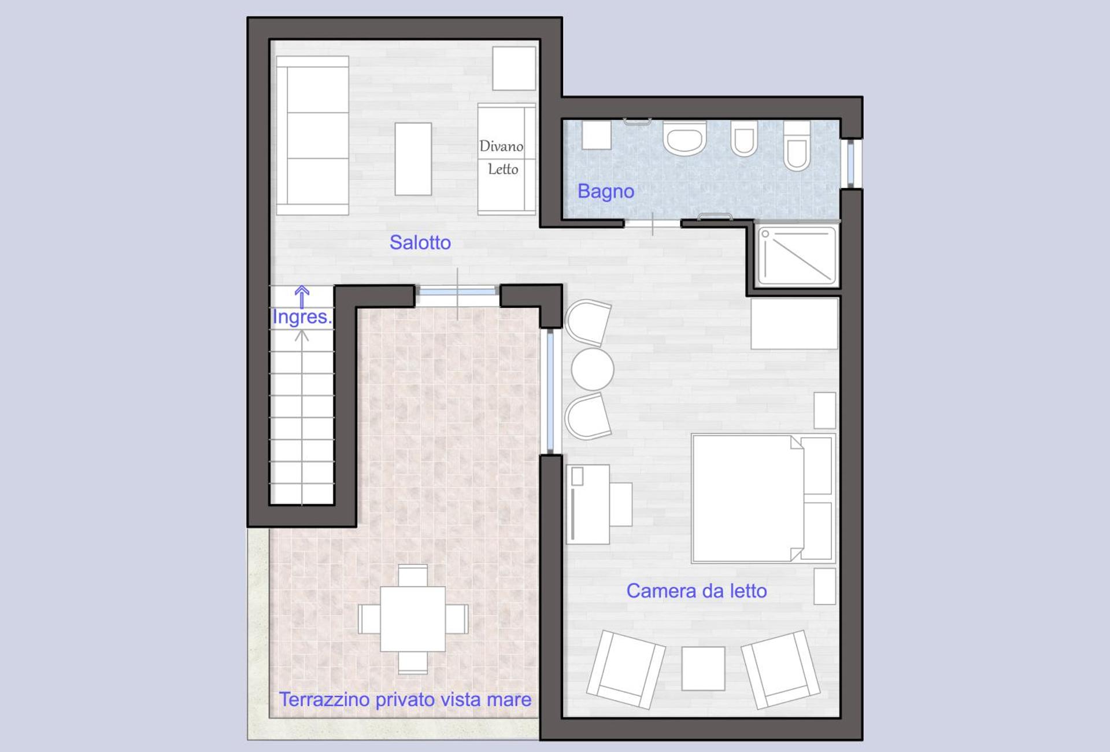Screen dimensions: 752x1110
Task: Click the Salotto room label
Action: (420, 242)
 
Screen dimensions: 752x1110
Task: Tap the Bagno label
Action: (605, 191)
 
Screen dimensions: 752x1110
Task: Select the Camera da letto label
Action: (696, 591)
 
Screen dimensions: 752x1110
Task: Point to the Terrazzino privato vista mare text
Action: (405, 699)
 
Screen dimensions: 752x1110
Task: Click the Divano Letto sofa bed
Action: (506, 158)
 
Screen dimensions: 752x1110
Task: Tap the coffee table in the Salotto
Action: (413, 158)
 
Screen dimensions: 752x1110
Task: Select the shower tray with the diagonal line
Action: (797, 255)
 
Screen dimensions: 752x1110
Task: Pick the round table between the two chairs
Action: (592, 369)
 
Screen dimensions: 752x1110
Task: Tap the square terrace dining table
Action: (413, 619)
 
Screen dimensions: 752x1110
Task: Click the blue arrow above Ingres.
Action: (302, 296)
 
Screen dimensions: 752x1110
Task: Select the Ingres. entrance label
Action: (301, 317)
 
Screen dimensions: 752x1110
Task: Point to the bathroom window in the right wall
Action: (850, 163)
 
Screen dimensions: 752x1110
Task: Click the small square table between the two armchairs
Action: (703, 668)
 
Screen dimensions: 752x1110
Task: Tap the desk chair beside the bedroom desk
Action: (620, 504)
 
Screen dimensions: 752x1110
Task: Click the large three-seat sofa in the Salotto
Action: (313, 135)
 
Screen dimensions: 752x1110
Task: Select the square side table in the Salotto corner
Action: (513, 68)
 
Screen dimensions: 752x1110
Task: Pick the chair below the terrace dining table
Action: (413, 662)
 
